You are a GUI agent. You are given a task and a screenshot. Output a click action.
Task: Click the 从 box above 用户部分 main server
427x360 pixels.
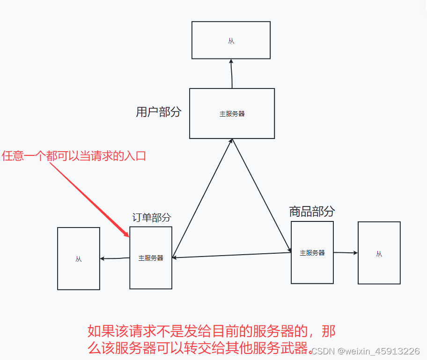(231, 40)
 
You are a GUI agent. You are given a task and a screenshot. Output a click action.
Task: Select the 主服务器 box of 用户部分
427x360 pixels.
(232, 113)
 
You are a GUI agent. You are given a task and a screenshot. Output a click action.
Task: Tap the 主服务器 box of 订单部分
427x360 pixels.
(151, 257)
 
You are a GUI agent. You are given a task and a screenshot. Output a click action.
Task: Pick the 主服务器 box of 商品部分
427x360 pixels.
(312, 252)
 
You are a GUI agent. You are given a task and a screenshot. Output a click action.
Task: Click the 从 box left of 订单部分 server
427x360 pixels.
(78, 258)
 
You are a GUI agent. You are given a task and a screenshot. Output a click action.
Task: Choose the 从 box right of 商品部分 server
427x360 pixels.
(379, 253)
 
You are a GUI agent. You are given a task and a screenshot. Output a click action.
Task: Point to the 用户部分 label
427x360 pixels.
(158, 112)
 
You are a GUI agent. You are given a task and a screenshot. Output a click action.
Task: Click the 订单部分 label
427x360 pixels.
(151, 218)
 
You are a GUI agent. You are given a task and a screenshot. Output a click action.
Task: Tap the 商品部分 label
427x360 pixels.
(312, 212)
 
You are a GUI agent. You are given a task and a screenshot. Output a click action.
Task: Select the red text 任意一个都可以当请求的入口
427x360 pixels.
(74, 156)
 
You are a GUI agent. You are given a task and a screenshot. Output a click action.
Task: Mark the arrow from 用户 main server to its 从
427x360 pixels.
(231, 73)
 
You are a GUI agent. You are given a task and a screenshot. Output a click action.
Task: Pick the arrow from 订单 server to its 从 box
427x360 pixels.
(115, 258)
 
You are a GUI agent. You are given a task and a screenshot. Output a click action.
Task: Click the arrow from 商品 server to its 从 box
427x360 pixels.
(346, 253)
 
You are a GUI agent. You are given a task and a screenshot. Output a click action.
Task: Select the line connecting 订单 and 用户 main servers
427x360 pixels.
(202, 198)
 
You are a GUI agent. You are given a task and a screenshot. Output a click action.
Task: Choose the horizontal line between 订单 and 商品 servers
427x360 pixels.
(232, 255)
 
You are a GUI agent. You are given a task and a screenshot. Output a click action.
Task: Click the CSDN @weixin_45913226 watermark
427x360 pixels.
(365, 351)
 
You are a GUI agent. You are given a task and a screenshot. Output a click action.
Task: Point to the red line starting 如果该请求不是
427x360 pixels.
(212, 331)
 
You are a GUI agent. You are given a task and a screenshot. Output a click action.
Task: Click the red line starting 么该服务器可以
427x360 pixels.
(199, 347)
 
